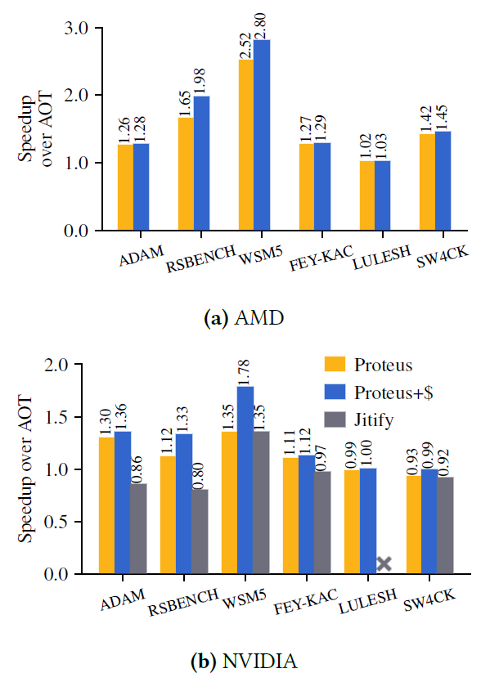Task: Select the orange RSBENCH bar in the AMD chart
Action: click(x=186, y=174)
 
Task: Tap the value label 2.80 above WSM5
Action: click(x=262, y=24)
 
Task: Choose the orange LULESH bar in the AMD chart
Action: click(x=367, y=196)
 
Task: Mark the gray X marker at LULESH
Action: click(x=384, y=563)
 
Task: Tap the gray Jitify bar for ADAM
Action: click(x=137, y=529)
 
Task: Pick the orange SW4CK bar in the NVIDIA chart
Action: click(x=414, y=524)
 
